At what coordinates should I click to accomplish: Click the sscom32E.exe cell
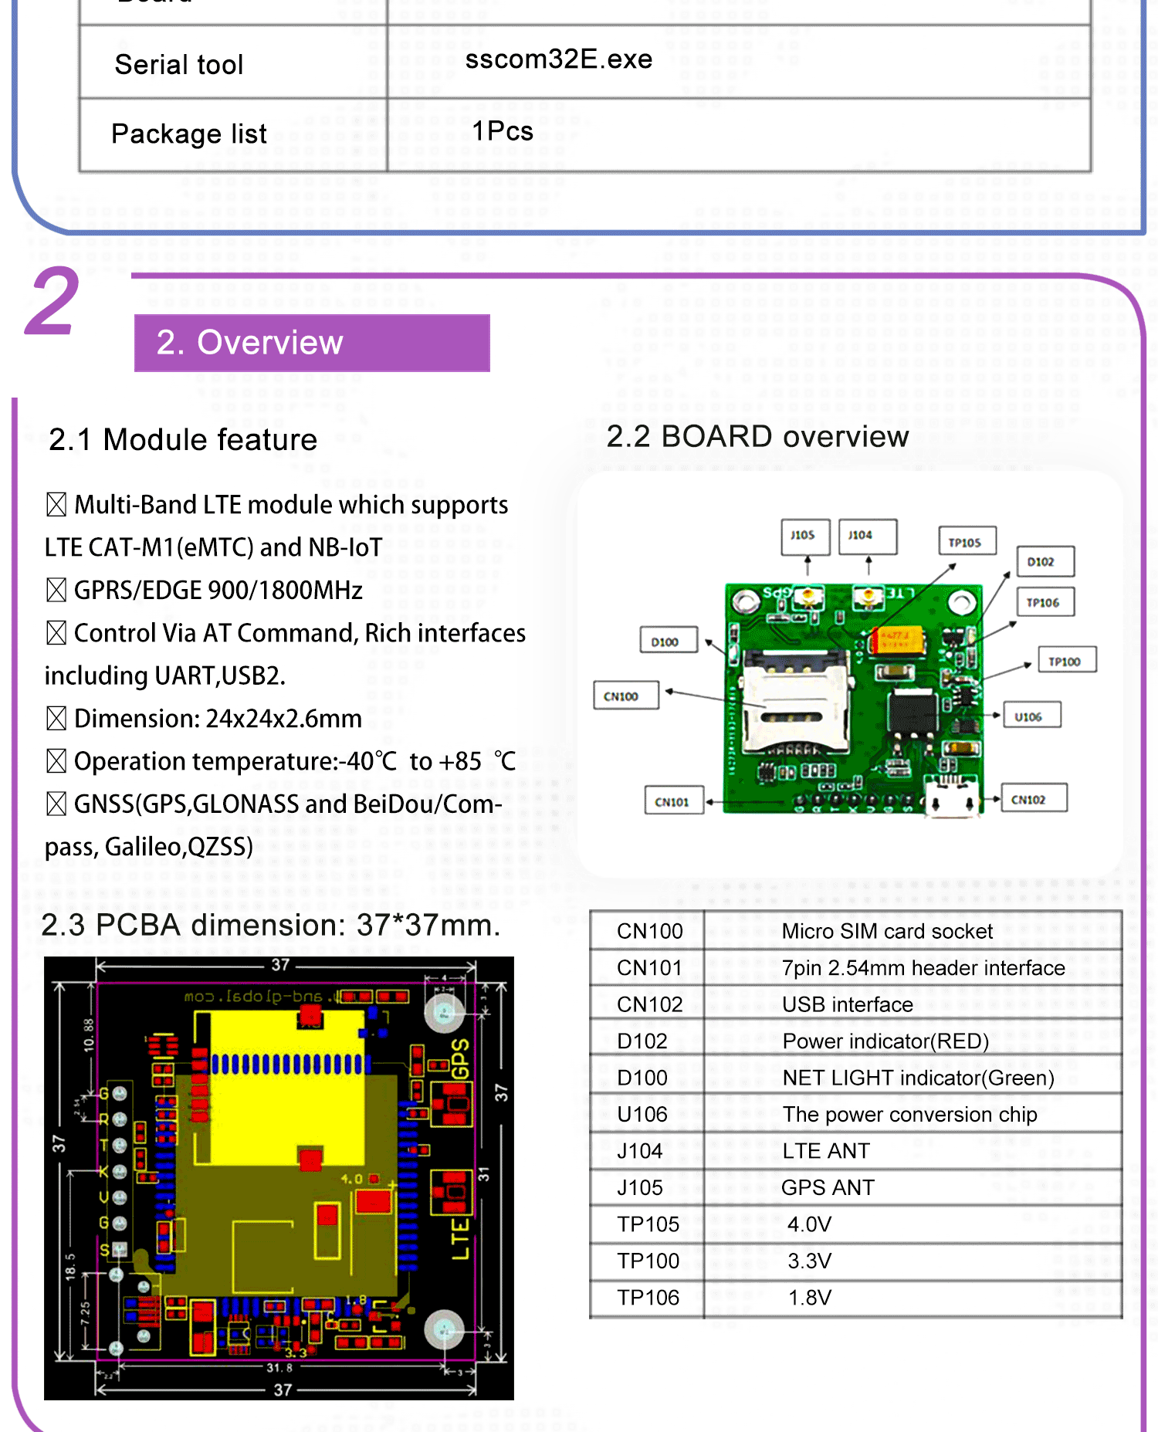(x=559, y=59)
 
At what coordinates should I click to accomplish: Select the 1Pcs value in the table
(x=503, y=131)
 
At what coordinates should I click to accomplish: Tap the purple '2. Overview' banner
(x=312, y=343)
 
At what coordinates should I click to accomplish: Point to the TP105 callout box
(x=967, y=541)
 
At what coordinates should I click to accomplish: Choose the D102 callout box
(x=1045, y=561)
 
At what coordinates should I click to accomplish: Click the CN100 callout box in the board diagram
(x=625, y=696)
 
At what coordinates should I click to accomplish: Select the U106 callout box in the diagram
(x=1031, y=716)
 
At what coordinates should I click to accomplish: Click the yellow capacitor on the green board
(x=897, y=639)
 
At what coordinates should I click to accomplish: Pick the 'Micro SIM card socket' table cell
(x=887, y=931)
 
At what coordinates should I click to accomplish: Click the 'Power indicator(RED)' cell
(x=885, y=1041)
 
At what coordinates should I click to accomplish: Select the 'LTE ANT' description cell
(x=826, y=1151)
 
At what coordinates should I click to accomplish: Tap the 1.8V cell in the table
(x=809, y=1298)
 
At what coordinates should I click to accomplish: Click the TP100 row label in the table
(x=648, y=1261)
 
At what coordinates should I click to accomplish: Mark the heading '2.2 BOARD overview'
(x=757, y=436)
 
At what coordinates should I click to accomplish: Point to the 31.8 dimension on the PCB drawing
(x=279, y=1367)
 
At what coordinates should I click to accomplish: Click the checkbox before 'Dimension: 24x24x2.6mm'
(x=56, y=718)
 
